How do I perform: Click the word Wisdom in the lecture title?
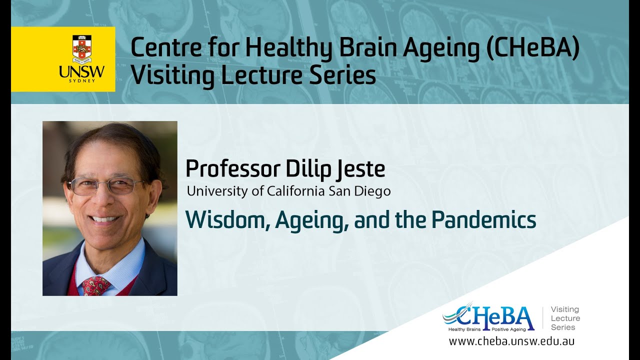click(227, 220)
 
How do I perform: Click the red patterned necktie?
click(96, 285)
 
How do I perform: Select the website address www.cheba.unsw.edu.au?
click(511, 341)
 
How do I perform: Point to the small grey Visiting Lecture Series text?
click(565, 318)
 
